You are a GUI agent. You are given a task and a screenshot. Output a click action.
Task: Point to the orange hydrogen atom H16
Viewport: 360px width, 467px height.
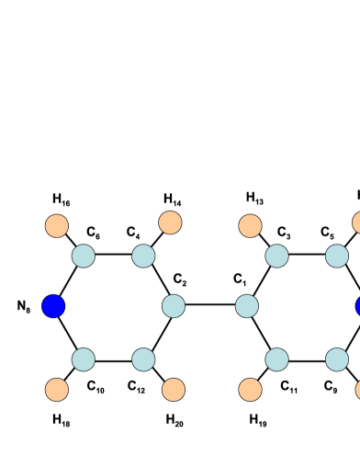tap(57, 225)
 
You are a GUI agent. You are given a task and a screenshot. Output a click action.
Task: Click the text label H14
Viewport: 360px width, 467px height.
tap(173, 199)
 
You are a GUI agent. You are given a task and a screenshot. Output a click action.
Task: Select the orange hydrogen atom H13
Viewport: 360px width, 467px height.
tap(250, 225)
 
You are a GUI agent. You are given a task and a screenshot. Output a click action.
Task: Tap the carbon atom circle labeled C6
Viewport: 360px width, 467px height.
tap(84, 256)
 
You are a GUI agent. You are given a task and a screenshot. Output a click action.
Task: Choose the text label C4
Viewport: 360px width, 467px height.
tap(135, 231)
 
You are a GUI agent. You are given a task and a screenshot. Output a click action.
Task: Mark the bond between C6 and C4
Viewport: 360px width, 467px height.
tap(113, 256)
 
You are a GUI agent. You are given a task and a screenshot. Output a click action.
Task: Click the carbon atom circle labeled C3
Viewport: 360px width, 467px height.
tap(277, 256)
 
